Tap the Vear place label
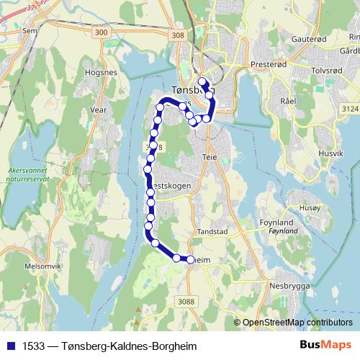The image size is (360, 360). point(98,110)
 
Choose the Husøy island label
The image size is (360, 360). point(309,207)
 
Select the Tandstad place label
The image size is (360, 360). point(212,233)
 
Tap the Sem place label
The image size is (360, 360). point(30,31)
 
